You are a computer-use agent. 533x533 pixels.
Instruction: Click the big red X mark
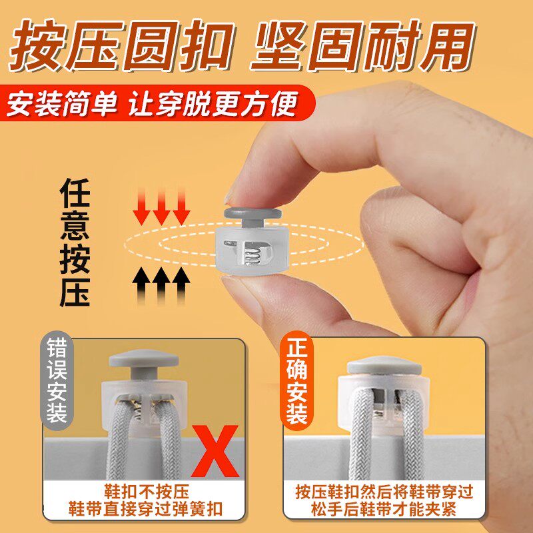point(215,451)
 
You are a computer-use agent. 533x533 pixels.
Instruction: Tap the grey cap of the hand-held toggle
point(253,213)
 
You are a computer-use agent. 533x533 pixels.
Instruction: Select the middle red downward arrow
point(161,207)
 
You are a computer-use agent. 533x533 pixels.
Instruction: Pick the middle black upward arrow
point(161,286)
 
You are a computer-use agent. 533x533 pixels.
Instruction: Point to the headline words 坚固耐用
point(362,45)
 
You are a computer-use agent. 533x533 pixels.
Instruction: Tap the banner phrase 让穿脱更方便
point(213,103)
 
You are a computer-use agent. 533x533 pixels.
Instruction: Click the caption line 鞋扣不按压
point(146,492)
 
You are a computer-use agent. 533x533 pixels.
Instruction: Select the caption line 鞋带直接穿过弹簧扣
point(145,509)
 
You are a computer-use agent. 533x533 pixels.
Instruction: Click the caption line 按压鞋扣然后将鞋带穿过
point(384,492)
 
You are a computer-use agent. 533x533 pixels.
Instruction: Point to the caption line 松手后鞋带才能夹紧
point(384,510)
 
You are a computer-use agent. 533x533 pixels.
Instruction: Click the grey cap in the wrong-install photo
point(144,359)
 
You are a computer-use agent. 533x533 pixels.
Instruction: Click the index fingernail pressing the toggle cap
point(230,197)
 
